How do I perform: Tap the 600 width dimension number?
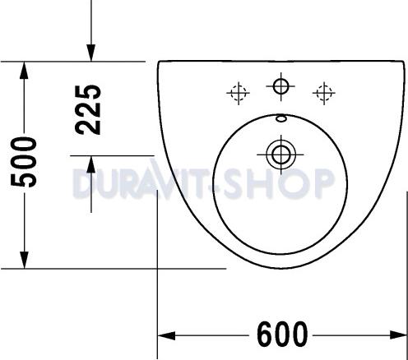point(282,335)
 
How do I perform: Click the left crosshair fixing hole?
point(239,93)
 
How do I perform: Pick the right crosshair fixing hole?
point(323,92)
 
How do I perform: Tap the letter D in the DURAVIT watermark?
point(83,183)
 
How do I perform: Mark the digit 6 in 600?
point(266,335)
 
